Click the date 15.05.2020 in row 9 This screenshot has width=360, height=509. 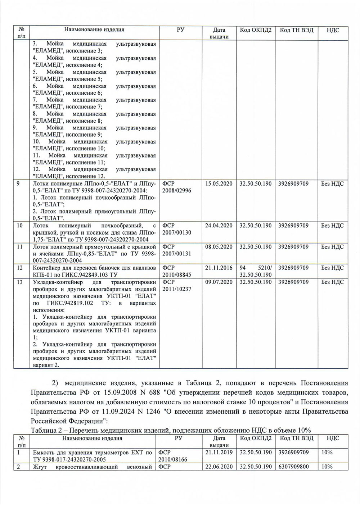pyautogui.click(x=219, y=184)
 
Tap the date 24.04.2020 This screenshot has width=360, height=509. pyautogui.click(x=219, y=226)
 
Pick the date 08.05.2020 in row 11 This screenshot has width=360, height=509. pyautogui.click(x=219, y=247)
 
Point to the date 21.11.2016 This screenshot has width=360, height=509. pyautogui.click(x=219, y=268)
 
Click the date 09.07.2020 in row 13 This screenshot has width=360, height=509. pyautogui.click(x=219, y=282)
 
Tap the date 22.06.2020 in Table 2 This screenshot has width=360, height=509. pyautogui.click(x=219, y=467)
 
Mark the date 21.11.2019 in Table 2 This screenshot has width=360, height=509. pyautogui.click(x=219, y=453)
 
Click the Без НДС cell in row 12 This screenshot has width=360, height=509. pyautogui.click(x=332, y=268)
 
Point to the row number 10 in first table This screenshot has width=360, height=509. pyautogui.click(x=20, y=226)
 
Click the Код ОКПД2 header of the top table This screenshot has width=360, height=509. pyautogui.click(x=256, y=30)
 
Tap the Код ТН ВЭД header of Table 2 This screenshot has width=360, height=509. pyautogui.click(x=297, y=438)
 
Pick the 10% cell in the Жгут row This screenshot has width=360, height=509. pyautogui.click(x=327, y=467)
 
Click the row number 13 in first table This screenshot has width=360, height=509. pyautogui.click(x=20, y=282)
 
